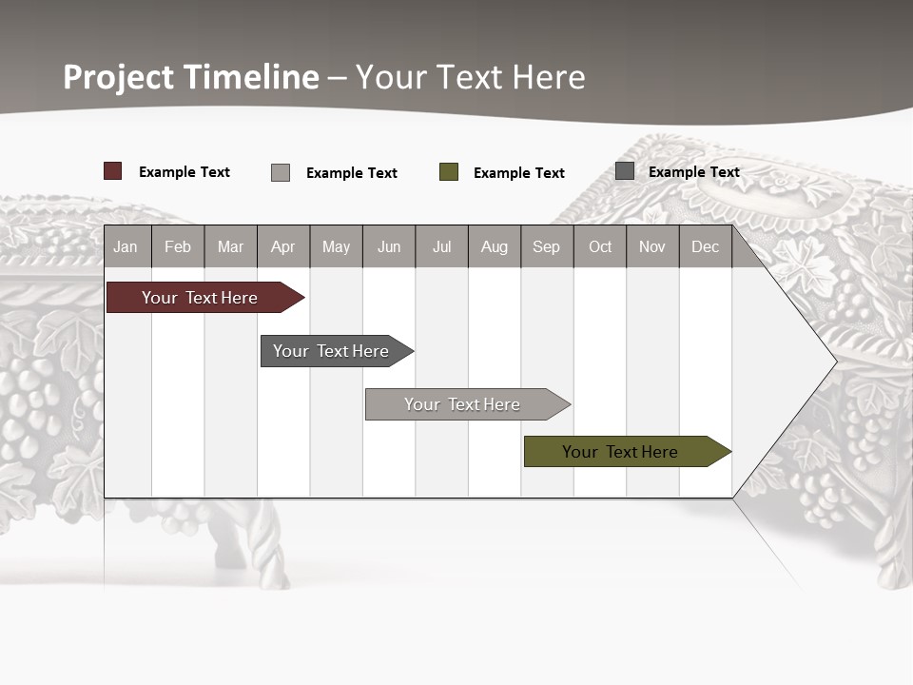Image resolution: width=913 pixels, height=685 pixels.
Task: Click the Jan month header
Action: pos(126,246)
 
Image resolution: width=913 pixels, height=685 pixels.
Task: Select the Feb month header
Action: pos(178,246)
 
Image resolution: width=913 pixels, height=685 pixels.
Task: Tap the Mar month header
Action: pos(230,246)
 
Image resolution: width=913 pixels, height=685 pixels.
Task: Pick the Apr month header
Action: pos(283,246)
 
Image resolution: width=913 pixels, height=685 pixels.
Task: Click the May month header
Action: pos(336,246)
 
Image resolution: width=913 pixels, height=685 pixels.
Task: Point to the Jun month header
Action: pos(389,246)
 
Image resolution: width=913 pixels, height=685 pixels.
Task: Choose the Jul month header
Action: pos(441,246)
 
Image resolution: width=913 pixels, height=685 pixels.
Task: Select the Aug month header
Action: pos(495,246)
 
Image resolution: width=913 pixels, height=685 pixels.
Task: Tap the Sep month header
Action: pos(547,246)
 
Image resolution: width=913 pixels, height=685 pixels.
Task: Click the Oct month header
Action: pos(600,246)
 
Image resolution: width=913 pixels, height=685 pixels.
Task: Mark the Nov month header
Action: pos(652,246)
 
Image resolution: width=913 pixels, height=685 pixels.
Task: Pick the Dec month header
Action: pos(706,246)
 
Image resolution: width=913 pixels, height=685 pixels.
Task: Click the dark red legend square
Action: pos(113,171)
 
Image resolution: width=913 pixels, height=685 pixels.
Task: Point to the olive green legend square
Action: pos(449,172)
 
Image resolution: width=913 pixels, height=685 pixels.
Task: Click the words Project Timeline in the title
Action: pos(191,77)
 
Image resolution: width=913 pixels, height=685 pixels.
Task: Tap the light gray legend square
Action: pos(281,172)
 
